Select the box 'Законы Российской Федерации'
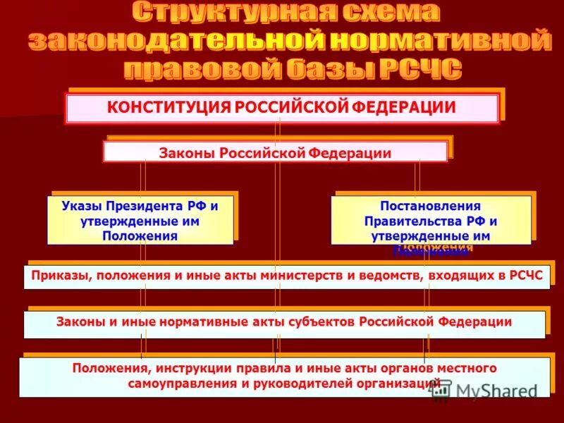point(275,152)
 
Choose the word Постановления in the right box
point(431,207)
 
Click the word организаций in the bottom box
point(391,383)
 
